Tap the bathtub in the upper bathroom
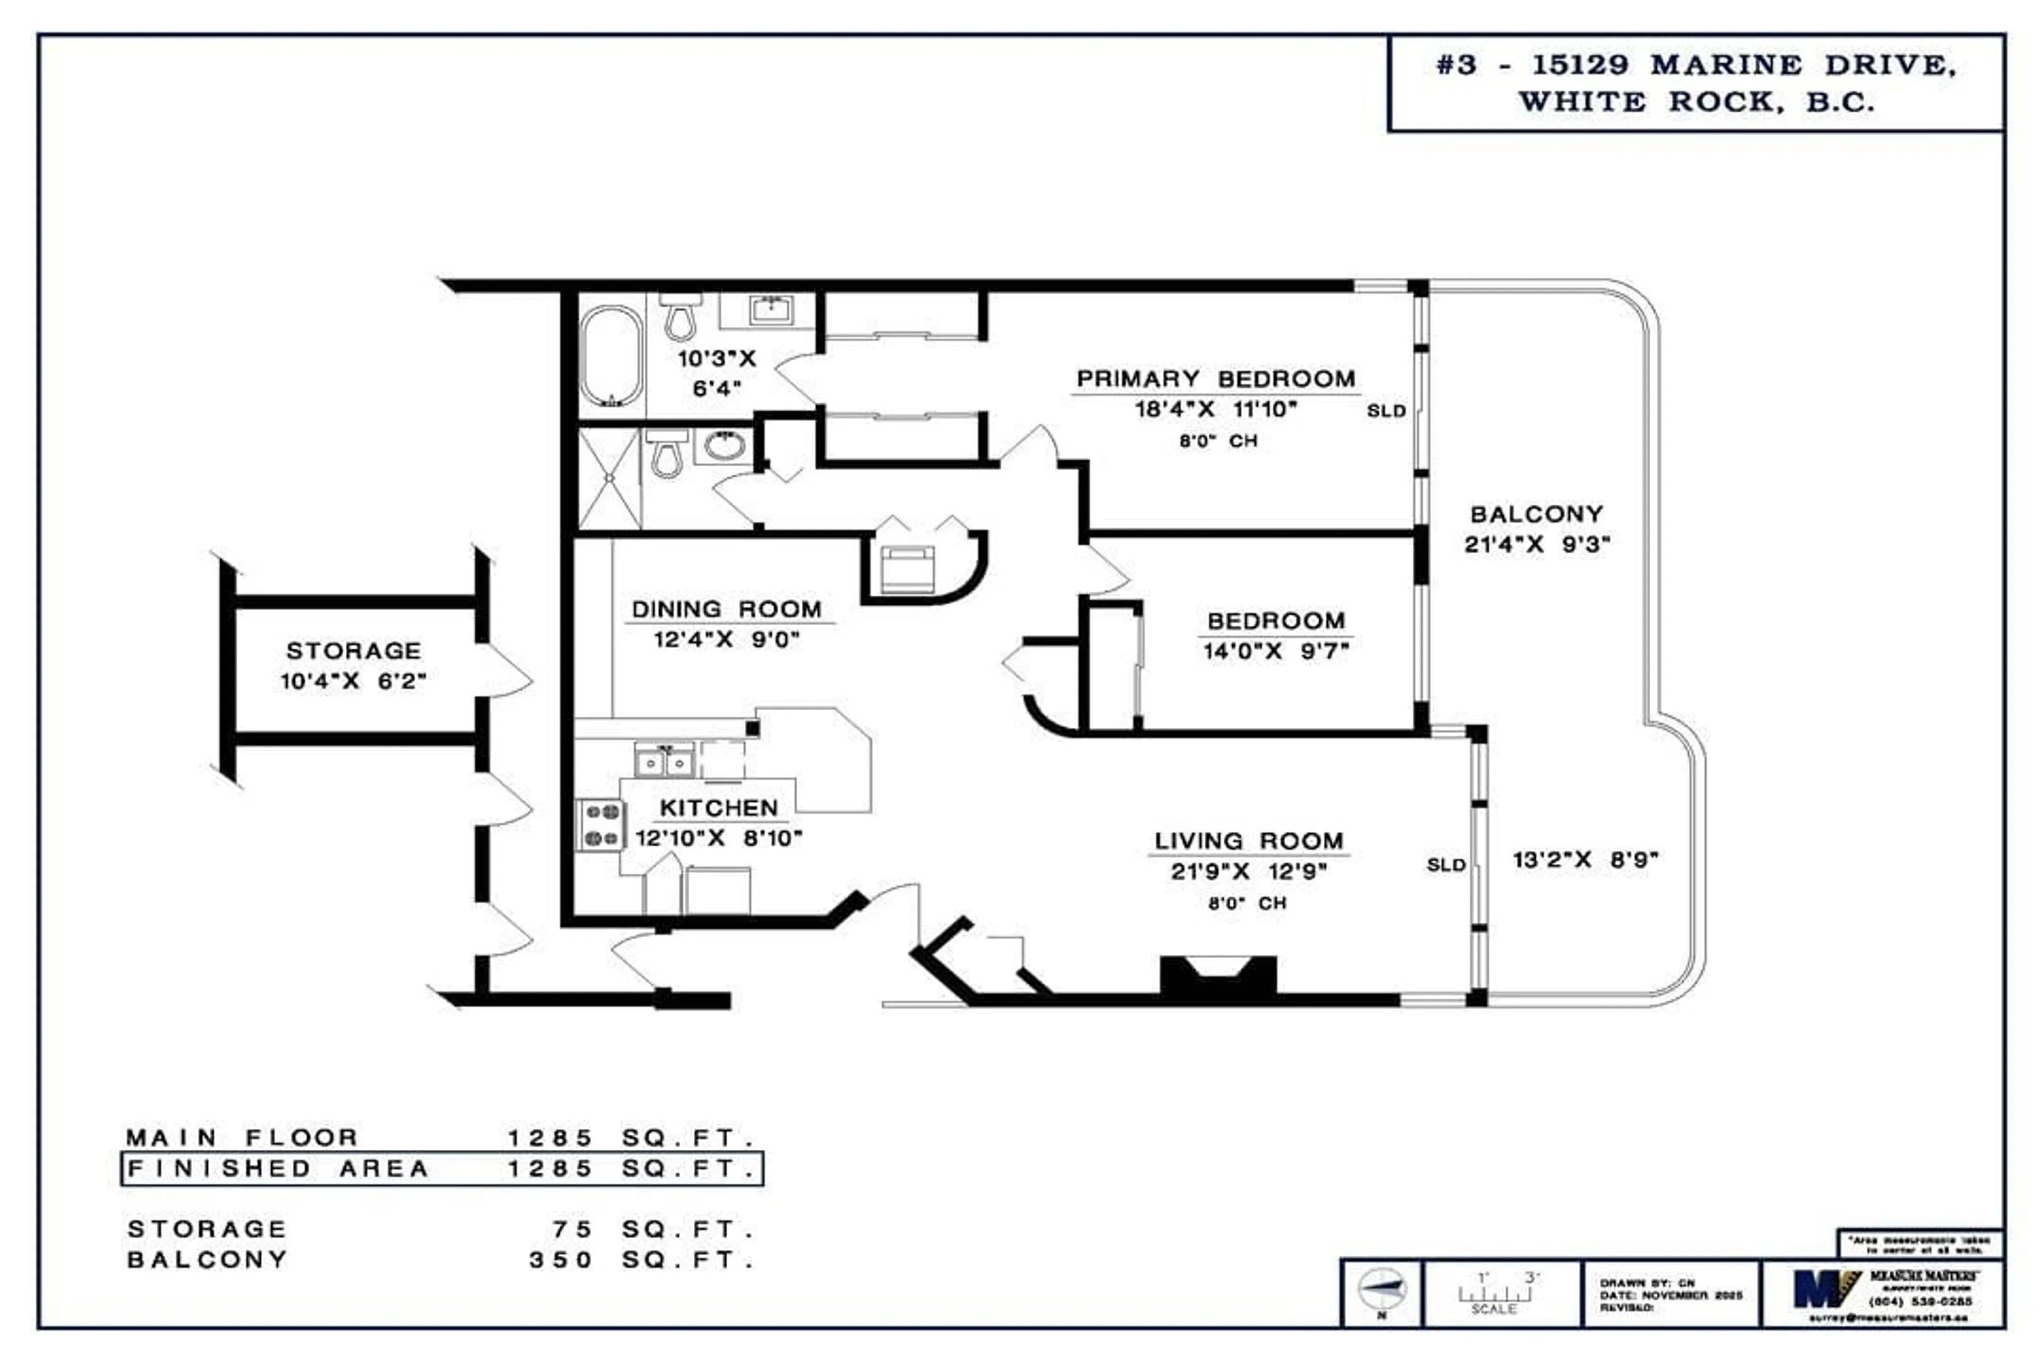[x=611, y=356]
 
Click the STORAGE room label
[x=353, y=651]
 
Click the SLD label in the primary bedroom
[x=1385, y=411]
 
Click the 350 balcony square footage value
[x=560, y=1259]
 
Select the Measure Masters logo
[x=1825, y=1289]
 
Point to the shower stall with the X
[x=610, y=479]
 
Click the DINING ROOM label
[x=726, y=610]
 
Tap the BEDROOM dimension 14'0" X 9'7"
[x=1275, y=651]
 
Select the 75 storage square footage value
[x=571, y=1229]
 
